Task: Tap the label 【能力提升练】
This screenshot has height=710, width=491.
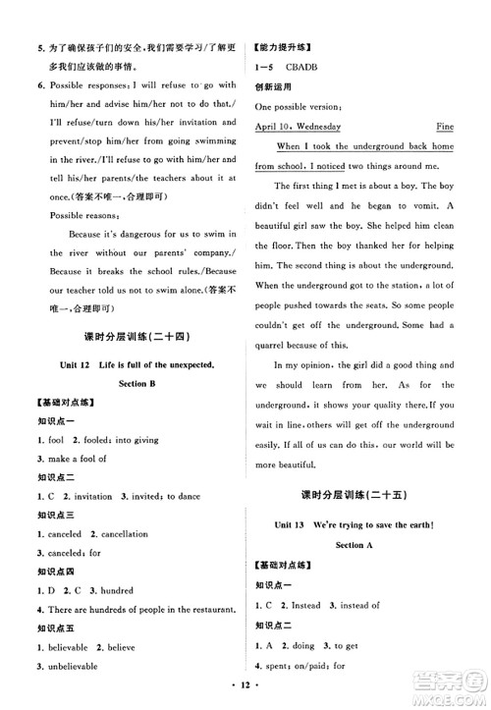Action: (x=284, y=46)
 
